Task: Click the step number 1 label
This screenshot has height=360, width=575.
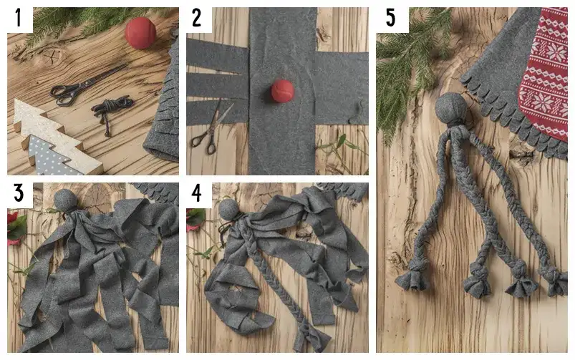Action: [19, 19]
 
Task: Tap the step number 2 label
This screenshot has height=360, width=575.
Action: [196, 19]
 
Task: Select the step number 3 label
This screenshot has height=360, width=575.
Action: [19, 193]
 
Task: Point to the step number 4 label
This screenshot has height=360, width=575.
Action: [197, 193]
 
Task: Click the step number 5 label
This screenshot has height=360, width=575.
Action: [390, 19]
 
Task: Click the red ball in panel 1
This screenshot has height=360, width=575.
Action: [140, 33]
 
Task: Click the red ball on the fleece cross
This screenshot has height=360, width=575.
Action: [282, 91]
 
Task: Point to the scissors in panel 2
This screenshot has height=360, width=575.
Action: [211, 127]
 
